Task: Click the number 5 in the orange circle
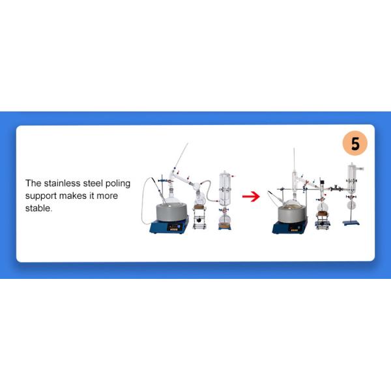click(x=355, y=144)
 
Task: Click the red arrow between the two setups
click(x=251, y=195)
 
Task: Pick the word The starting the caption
click(x=34, y=184)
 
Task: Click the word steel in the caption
click(x=94, y=184)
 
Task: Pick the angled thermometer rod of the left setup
click(x=181, y=156)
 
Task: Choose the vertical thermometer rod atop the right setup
click(x=295, y=163)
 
